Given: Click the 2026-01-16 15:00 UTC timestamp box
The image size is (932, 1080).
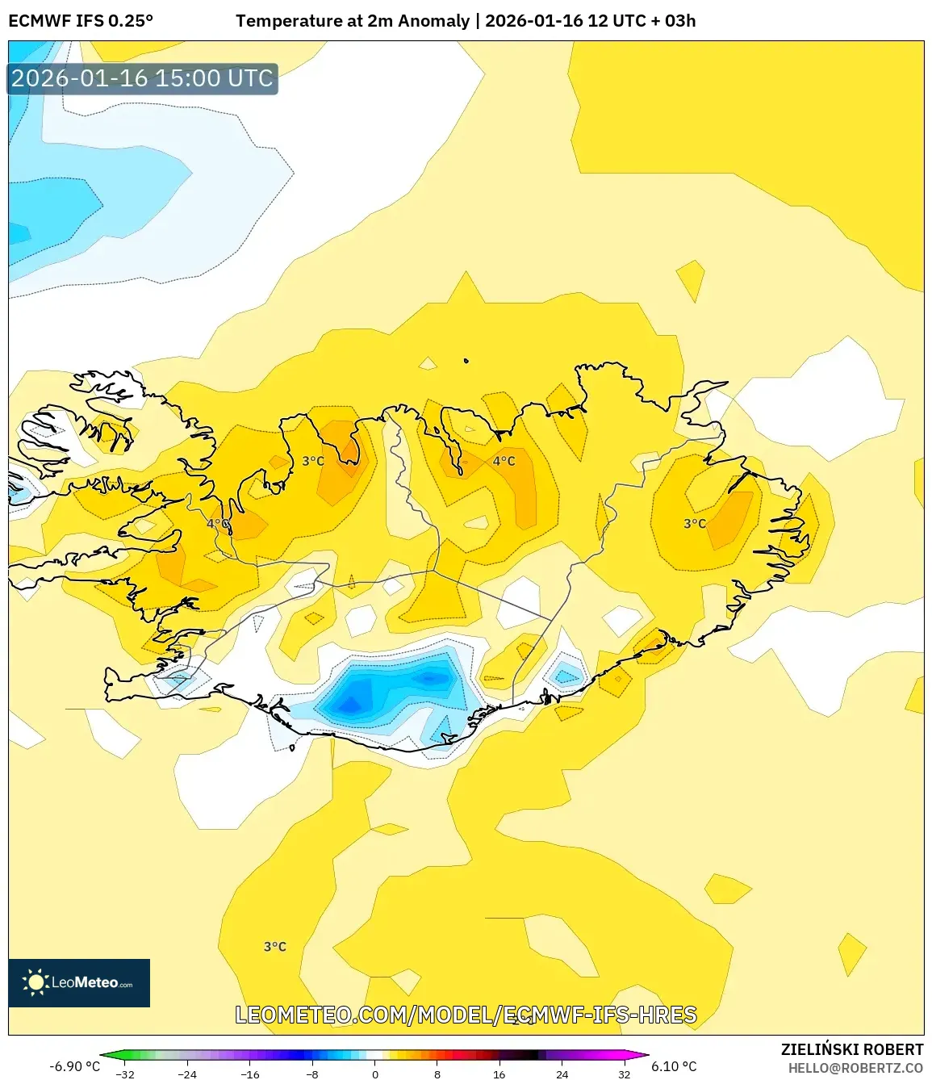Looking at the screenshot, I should tap(143, 78).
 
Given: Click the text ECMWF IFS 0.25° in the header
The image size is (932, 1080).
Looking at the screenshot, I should tap(81, 21).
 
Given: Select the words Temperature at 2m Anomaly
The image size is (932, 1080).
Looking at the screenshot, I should tap(353, 21).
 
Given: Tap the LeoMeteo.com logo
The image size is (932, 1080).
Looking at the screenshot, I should tap(79, 982).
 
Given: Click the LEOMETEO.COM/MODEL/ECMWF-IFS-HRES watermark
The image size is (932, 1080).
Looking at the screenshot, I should tap(466, 1015).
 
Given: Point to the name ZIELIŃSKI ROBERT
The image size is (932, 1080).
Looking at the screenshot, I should tap(851, 1049).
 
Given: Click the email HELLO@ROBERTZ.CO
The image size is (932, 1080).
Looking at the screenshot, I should tap(855, 1068).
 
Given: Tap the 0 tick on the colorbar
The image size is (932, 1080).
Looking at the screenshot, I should tap(375, 1074).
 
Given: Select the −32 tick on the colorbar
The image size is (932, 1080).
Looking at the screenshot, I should tap(125, 1074).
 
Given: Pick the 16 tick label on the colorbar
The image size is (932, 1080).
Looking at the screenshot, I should tap(499, 1074).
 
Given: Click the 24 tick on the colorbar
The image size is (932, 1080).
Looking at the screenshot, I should tap(562, 1074).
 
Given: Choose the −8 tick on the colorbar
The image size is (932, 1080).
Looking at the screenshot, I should tap(312, 1074).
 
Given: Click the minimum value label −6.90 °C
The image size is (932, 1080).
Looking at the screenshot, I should tap(74, 1066).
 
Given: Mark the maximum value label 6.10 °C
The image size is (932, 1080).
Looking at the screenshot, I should tap(674, 1066).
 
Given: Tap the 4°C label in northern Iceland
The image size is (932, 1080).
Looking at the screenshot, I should tap(504, 461).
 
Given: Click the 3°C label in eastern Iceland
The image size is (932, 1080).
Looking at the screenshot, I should tap(695, 523).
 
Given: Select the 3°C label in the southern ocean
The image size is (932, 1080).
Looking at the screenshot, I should tap(275, 946).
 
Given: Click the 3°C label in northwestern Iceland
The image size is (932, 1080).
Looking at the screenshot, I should tap(313, 461).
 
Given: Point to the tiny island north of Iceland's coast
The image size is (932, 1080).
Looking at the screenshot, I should tap(466, 361).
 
